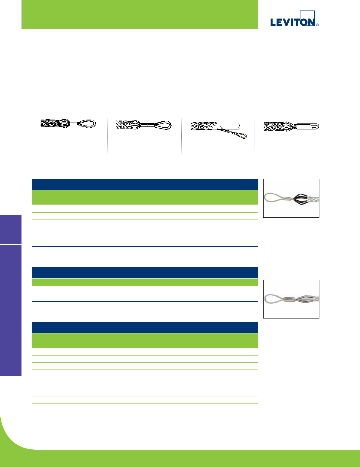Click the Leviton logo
pyautogui.click(x=293, y=21)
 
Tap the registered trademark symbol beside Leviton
pyautogui.click(x=317, y=25)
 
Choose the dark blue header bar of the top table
pyautogui.click(x=145, y=184)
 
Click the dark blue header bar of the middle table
pyautogui.click(x=145, y=273)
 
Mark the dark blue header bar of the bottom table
pyautogui.click(x=145, y=327)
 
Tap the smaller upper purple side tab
pyautogui.click(x=11, y=229)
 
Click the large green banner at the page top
pyautogui.click(x=139, y=14)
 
